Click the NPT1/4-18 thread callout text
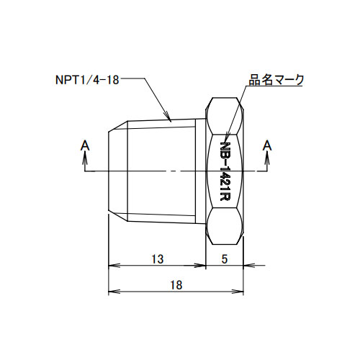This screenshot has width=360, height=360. [87, 80]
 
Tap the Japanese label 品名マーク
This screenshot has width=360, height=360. [276, 80]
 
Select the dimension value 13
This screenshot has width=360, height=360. [158, 259]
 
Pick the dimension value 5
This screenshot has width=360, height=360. [225, 259]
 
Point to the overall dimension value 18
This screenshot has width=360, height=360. [176, 285]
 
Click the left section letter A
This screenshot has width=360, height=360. [85, 145]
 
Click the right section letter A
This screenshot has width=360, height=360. [267, 145]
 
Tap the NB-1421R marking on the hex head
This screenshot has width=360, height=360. [225, 171]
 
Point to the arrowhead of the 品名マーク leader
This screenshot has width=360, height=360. [226, 139]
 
